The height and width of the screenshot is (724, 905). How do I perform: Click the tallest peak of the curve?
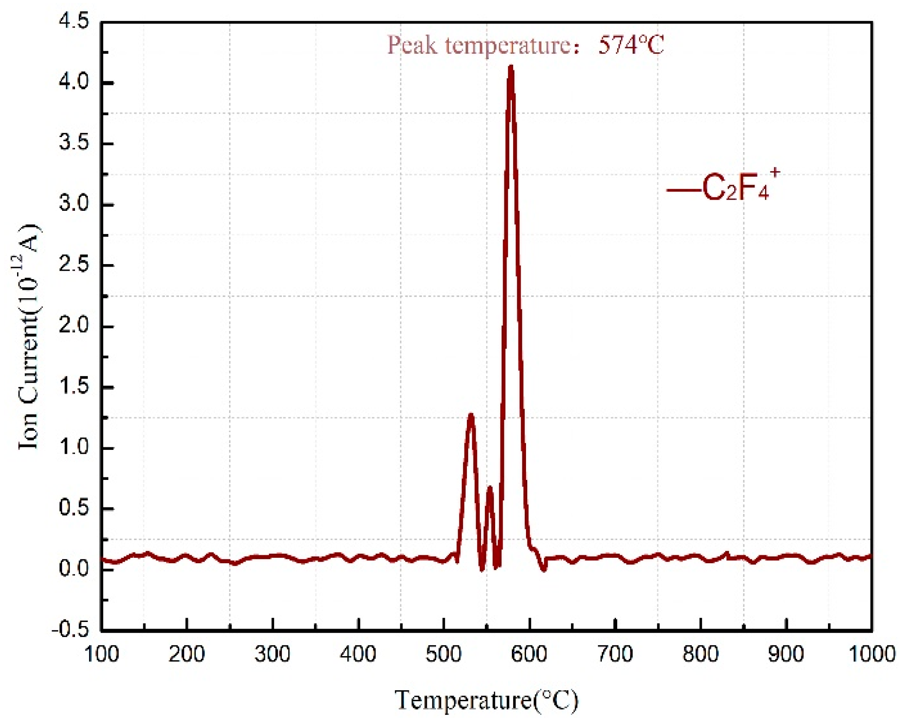tap(511, 67)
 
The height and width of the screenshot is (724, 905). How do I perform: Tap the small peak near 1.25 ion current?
tap(471, 415)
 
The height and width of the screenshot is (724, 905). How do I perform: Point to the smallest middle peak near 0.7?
tap(489, 487)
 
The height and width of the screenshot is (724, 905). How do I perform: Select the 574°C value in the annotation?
tap(631, 45)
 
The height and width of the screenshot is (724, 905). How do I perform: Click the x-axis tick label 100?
tap(102, 654)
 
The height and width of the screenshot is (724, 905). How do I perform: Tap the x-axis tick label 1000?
tap(871, 654)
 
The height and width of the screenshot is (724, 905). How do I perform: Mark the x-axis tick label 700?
tap(616, 654)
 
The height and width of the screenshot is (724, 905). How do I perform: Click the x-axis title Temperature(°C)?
tap(486, 700)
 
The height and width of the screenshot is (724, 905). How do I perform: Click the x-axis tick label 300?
tap(273, 654)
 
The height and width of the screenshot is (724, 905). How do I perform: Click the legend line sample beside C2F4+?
tap(683, 190)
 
